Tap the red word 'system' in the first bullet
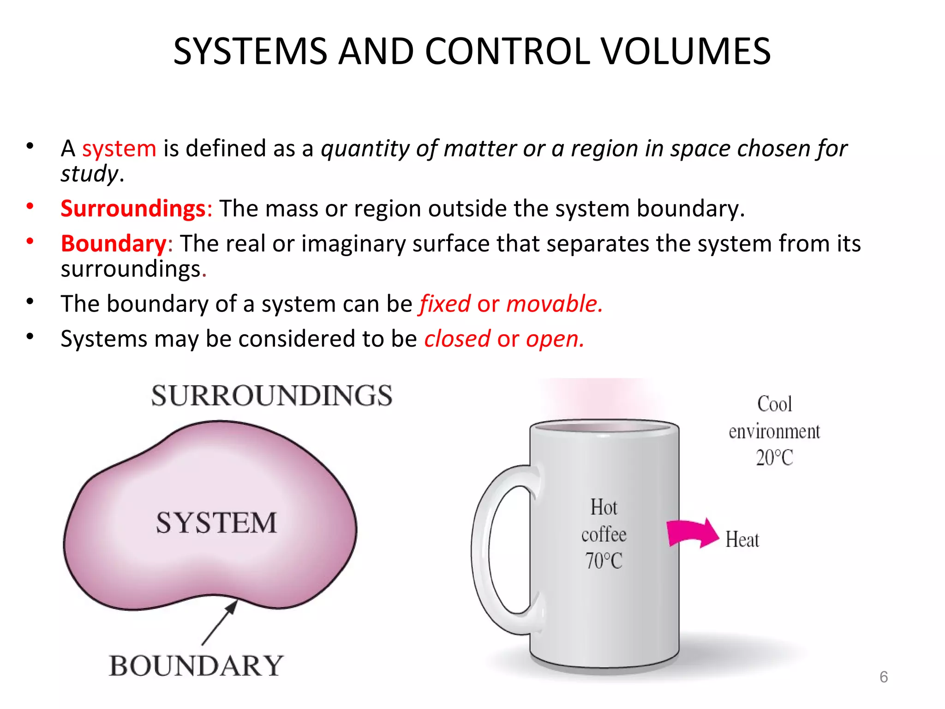point(119,149)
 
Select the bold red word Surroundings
point(133,209)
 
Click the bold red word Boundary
point(114,244)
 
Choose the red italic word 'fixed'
point(445,304)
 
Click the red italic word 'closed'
point(457,339)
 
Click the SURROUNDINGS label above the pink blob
point(272,396)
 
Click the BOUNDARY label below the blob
point(196,666)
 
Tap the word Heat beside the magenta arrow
point(742,540)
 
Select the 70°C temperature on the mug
point(604,561)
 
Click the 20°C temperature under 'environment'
point(774,458)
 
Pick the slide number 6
point(884,677)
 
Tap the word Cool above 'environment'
point(775,404)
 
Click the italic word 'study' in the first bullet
point(90,174)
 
